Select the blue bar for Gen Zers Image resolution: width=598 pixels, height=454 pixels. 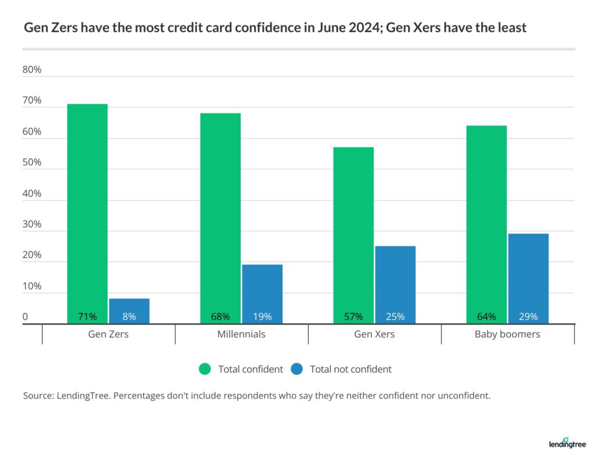tap(129, 309)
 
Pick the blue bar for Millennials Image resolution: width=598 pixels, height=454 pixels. tap(262, 292)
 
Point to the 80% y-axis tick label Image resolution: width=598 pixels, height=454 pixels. tap(32, 70)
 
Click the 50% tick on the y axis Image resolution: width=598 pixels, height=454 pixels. tap(32, 163)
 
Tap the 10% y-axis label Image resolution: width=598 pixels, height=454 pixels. tap(32, 287)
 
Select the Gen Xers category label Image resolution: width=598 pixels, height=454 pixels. tap(374, 334)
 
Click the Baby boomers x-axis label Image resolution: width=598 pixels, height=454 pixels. tap(507, 334)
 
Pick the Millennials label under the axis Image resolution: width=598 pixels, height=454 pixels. tap(241, 334)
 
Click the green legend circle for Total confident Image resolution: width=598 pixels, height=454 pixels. tap(204, 369)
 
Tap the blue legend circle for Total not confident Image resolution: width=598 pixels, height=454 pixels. tap(296, 369)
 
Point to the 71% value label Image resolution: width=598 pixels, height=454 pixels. tap(88, 317)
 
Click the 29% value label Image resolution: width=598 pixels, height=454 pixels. tap(528, 317)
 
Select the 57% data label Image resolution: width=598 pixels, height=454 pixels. tap(353, 317)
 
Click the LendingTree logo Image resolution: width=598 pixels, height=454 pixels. tap(567, 442)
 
